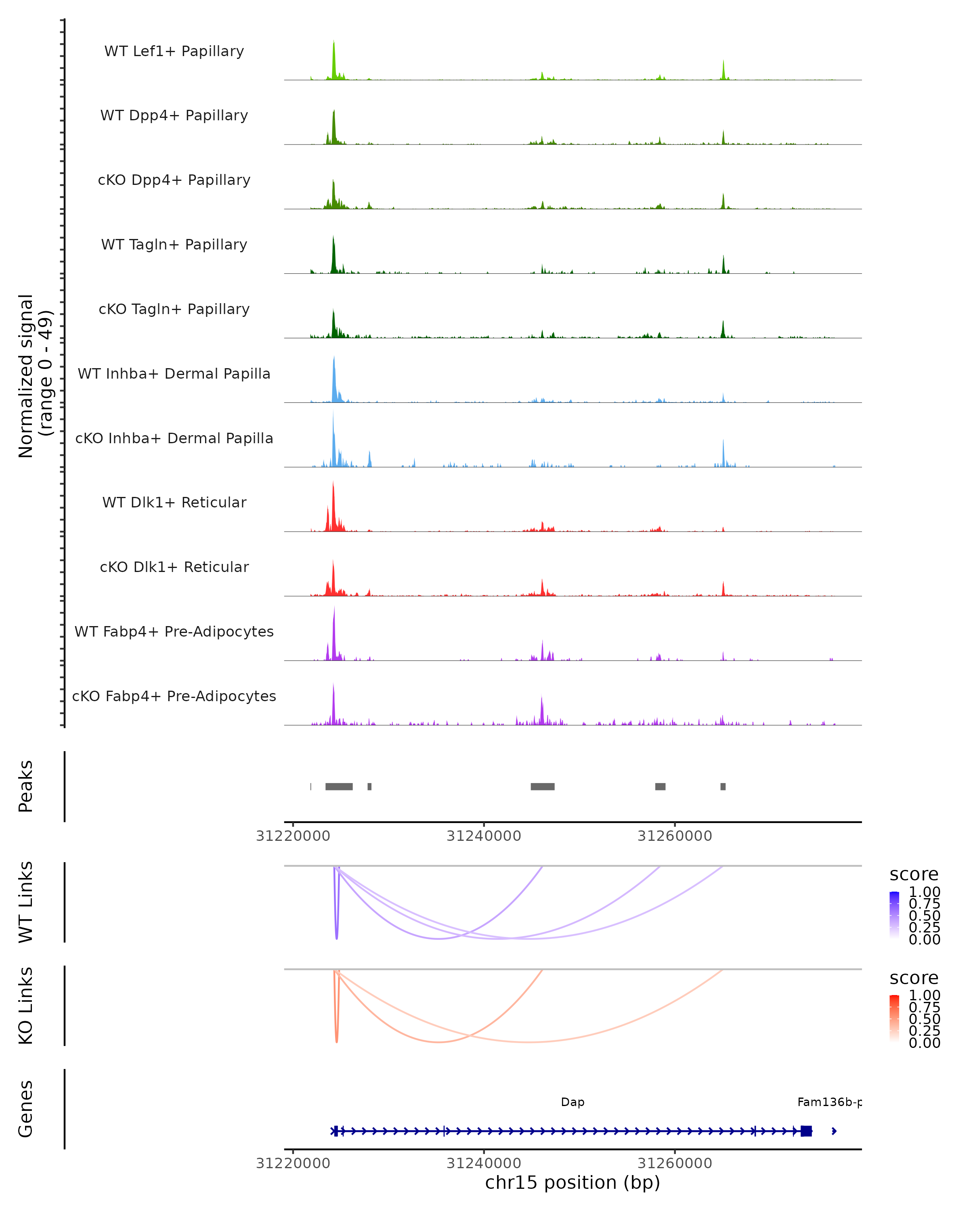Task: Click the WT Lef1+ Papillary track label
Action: pyautogui.click(x=174, y=51)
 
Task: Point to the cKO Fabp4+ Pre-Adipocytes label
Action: pyautogui.click(x=174, y=696)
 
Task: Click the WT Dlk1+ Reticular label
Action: pyautogui.click(x=174, y=502)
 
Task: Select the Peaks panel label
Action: pyautogui.click(x=26, y=786)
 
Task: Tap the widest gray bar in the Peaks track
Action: pyautogui.click(x=339, y=786)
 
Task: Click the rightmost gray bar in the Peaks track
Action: pyautogui.click(x=723, y=786)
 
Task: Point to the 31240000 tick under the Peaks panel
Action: pyautogui.click(x=484, y=836)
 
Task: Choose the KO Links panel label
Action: pyautogui.click(x=26, y=1006)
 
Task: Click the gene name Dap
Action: pyautogui.click(x=573, y=1102)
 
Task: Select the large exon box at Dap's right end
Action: pyautogui.click(x=806, y=1131)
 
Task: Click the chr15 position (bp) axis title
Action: pyautogui.click(x=573, y=1183)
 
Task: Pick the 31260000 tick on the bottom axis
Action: pyautogui.click(x=675, y=1163)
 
